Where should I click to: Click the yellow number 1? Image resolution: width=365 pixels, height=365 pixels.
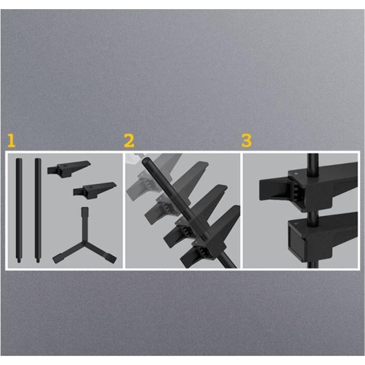[11, 141]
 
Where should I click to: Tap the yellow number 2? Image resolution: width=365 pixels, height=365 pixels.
[129, 141]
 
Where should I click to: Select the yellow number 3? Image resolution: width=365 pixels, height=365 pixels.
[247, 141]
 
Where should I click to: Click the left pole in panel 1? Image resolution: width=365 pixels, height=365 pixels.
[19, 209]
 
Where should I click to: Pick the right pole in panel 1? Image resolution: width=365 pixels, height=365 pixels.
[38, 209]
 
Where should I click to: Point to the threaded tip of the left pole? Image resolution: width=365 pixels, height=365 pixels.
[19, 261]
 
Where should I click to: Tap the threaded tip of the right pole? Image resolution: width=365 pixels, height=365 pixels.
[38, 261]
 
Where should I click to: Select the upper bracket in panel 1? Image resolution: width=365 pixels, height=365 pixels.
[69, 169]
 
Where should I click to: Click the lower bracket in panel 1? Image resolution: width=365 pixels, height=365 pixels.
[94, 190]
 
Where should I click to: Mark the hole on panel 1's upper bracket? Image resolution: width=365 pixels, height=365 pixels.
[65, 166]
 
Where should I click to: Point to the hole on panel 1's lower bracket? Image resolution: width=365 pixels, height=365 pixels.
[91, 187]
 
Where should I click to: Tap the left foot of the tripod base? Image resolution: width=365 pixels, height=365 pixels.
[57, 258]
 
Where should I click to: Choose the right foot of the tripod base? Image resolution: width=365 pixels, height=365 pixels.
[111, 258]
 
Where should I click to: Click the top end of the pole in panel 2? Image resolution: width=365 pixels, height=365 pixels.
[146, 160]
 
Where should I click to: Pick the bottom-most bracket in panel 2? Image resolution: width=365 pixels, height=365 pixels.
[210, 237]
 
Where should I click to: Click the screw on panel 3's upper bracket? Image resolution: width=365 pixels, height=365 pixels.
[296, 173]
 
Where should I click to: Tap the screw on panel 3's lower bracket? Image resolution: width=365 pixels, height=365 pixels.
[296, 223]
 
